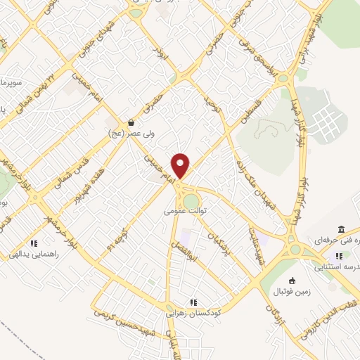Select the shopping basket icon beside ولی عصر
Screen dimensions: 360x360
pyautogui.click(x=131, y=122)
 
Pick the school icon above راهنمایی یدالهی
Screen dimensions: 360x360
pyautogui.click(x=33, y=244)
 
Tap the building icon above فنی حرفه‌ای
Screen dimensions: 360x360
pyautogui.click(x=341, y=230)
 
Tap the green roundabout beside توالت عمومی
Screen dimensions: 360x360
pyautogui.click(x=191, y=202)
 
